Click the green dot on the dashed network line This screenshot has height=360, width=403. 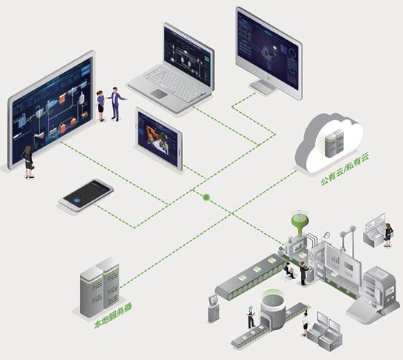(206, 197)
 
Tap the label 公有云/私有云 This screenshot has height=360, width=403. (345, 168)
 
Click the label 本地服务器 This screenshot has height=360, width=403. (113, 316)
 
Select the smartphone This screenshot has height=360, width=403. (86, 195)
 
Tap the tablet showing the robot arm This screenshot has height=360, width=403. (159, 140)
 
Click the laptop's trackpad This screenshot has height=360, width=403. (159, 93)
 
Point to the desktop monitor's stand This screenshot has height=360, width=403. (263, 87)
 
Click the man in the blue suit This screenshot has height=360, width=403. (116, 103)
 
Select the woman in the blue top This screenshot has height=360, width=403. (101, 106)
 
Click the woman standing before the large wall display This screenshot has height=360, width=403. (28, 162)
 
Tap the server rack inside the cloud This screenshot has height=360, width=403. (334, 143)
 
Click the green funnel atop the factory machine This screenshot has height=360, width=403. (300, 222)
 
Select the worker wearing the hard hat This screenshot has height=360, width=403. (251, 316)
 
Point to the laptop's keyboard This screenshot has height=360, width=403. (175, 84)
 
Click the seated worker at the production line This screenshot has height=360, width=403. (289, 271)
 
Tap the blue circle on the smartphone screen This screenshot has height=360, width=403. (77, 201)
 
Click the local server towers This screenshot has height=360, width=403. (100, 287)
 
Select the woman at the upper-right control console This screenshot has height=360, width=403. (388, 235)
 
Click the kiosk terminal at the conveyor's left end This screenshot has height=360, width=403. (214, 308)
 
